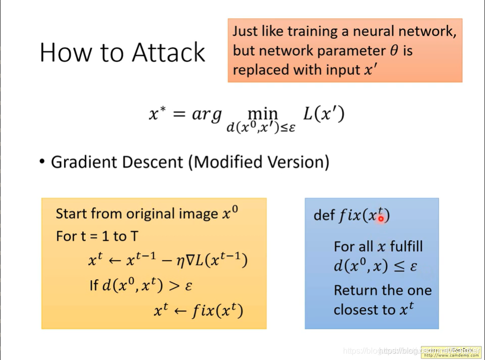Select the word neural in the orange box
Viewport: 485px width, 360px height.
click(373, 31)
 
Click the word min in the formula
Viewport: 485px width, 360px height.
click(262, 113)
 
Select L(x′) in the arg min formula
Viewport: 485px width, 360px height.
click(323, 114)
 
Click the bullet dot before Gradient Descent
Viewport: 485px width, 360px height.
click(42, 162)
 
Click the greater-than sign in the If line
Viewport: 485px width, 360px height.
click(173, 285)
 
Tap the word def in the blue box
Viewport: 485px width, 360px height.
click(324, 216)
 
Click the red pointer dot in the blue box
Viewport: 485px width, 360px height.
click(381, 219)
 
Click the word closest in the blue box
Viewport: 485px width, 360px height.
click(360, 310)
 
